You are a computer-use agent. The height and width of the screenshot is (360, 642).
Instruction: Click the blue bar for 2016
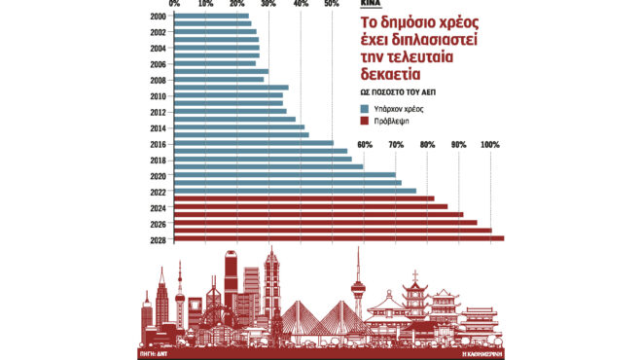(x=253, y=143)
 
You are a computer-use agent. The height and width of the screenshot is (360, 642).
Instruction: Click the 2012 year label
(x=158, y=112)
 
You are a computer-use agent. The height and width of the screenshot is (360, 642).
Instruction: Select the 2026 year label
(x=158, y=222)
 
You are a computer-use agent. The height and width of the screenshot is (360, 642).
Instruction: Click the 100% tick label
(x=490, y=146)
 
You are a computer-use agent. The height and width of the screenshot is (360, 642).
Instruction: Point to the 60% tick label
(x=365, y=146)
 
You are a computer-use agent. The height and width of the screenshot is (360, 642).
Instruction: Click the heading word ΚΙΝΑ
(x=371, y=5)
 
